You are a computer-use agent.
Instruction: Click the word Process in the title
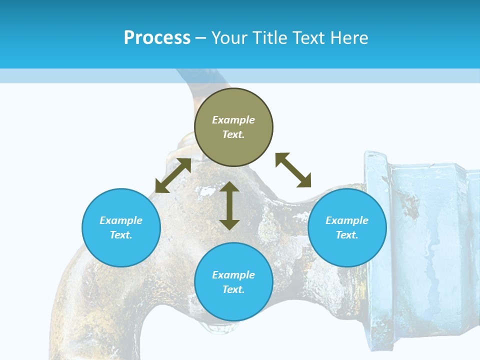[x=157, y=38]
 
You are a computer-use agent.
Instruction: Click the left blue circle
[x=121, y=227]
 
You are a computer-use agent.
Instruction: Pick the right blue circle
[x=347, y=227]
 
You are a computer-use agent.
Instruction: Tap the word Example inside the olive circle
[x=233, y=120]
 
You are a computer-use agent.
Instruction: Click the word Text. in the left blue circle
[x=121, y=235]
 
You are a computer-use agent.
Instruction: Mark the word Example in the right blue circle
[x=347, y=220]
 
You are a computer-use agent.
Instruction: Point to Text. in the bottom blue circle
[x=233, y=289]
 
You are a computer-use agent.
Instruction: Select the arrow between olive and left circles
[x=173, y=175]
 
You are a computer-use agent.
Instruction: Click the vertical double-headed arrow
[x=229, y=205]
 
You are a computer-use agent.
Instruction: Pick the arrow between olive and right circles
[x=293, y=170]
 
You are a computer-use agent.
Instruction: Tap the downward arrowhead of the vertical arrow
[x=229, y=224]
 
